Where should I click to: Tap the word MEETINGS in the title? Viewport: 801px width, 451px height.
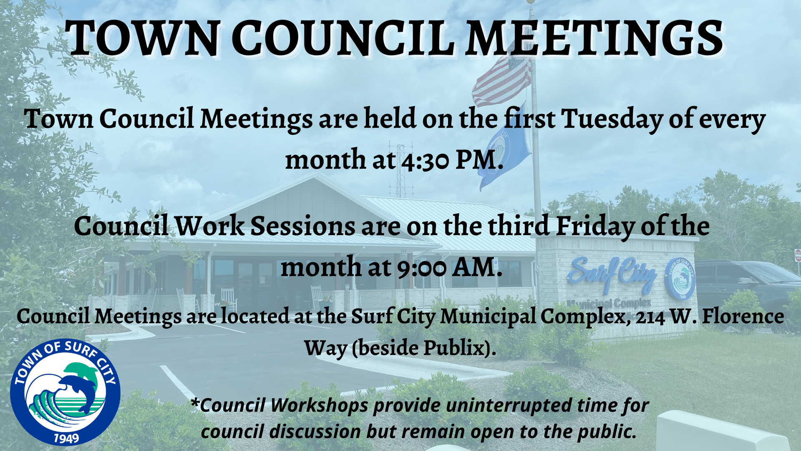(594, 38)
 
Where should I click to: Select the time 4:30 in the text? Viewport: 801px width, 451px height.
(425, 161)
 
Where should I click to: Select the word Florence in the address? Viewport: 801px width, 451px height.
(743, 316)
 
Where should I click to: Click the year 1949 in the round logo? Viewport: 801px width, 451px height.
(66, 438)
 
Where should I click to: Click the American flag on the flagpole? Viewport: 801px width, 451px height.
(503, 79)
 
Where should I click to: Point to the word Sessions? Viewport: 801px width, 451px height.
(302, 226)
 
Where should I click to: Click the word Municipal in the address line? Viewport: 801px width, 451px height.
(488, 317)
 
